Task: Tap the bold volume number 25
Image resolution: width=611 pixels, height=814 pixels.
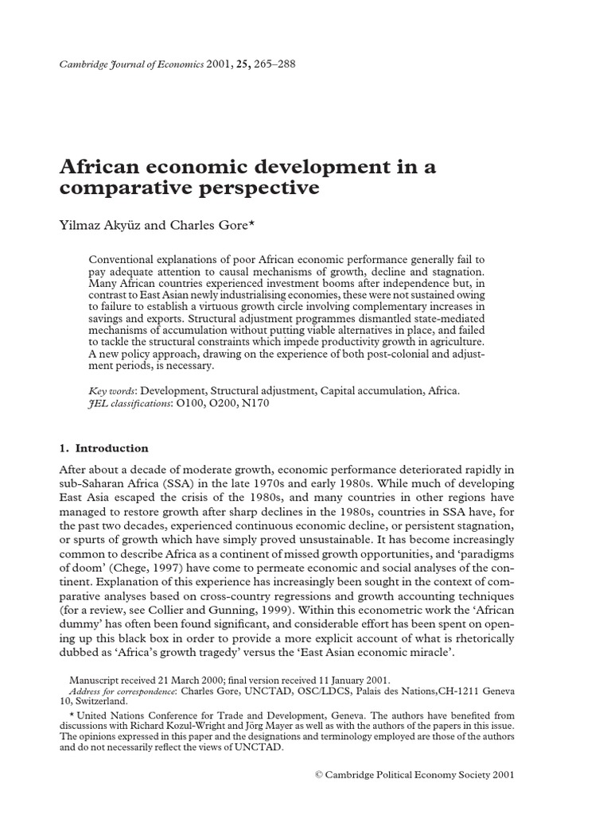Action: pyautogui.click(x=236, y=64)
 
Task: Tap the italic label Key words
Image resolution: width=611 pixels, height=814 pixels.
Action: pyautogui.click(x=111, y=392)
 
